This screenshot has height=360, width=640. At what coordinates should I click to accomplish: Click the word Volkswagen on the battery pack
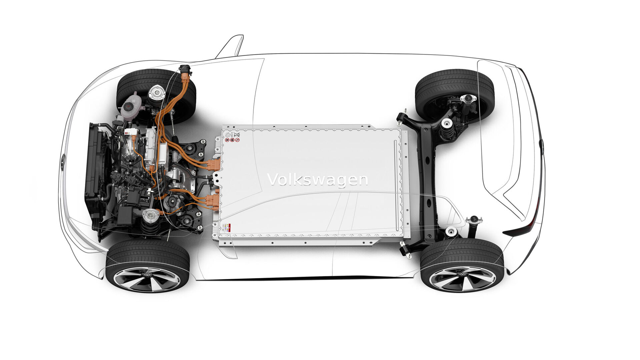click(x=317, y=180)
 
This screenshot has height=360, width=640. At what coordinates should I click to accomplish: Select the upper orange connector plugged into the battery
click(x=214, y=165)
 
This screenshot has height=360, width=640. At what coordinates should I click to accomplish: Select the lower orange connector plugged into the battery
click(x=212, y=201)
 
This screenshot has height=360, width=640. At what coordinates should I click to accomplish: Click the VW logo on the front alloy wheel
click(x=147, y=275)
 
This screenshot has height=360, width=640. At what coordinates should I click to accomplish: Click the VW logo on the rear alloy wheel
click(x=462, y=274)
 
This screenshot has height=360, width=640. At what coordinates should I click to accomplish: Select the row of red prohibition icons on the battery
click(x=232, y=140)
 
